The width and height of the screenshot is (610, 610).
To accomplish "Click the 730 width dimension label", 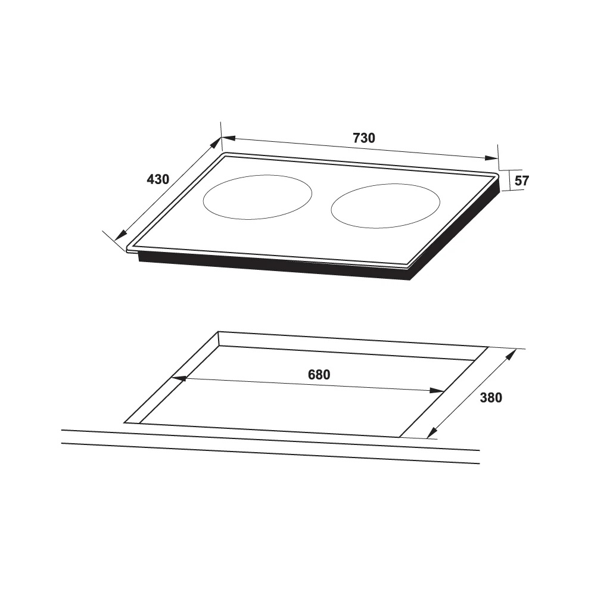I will point(363,138).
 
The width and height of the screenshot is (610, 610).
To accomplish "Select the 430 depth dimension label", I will point(158,179).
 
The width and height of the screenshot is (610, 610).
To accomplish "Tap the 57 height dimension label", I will point(521,181).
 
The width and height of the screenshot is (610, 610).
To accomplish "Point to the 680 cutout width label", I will point(319,375).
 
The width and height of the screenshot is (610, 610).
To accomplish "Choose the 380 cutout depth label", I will point(491,397).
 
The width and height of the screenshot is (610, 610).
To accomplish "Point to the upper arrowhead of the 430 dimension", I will point(216,143).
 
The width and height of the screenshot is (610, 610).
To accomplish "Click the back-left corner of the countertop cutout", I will point(219,332).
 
